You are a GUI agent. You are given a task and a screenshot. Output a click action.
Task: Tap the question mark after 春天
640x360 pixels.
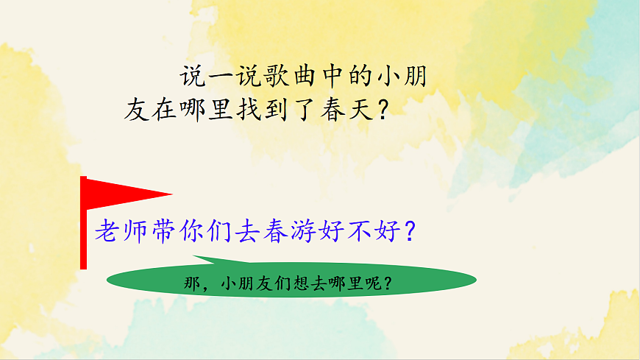point(382,111)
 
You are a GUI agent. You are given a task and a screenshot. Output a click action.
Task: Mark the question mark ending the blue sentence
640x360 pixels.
point(412,233)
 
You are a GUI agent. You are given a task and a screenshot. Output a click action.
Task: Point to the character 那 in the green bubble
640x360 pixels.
point(189,283)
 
